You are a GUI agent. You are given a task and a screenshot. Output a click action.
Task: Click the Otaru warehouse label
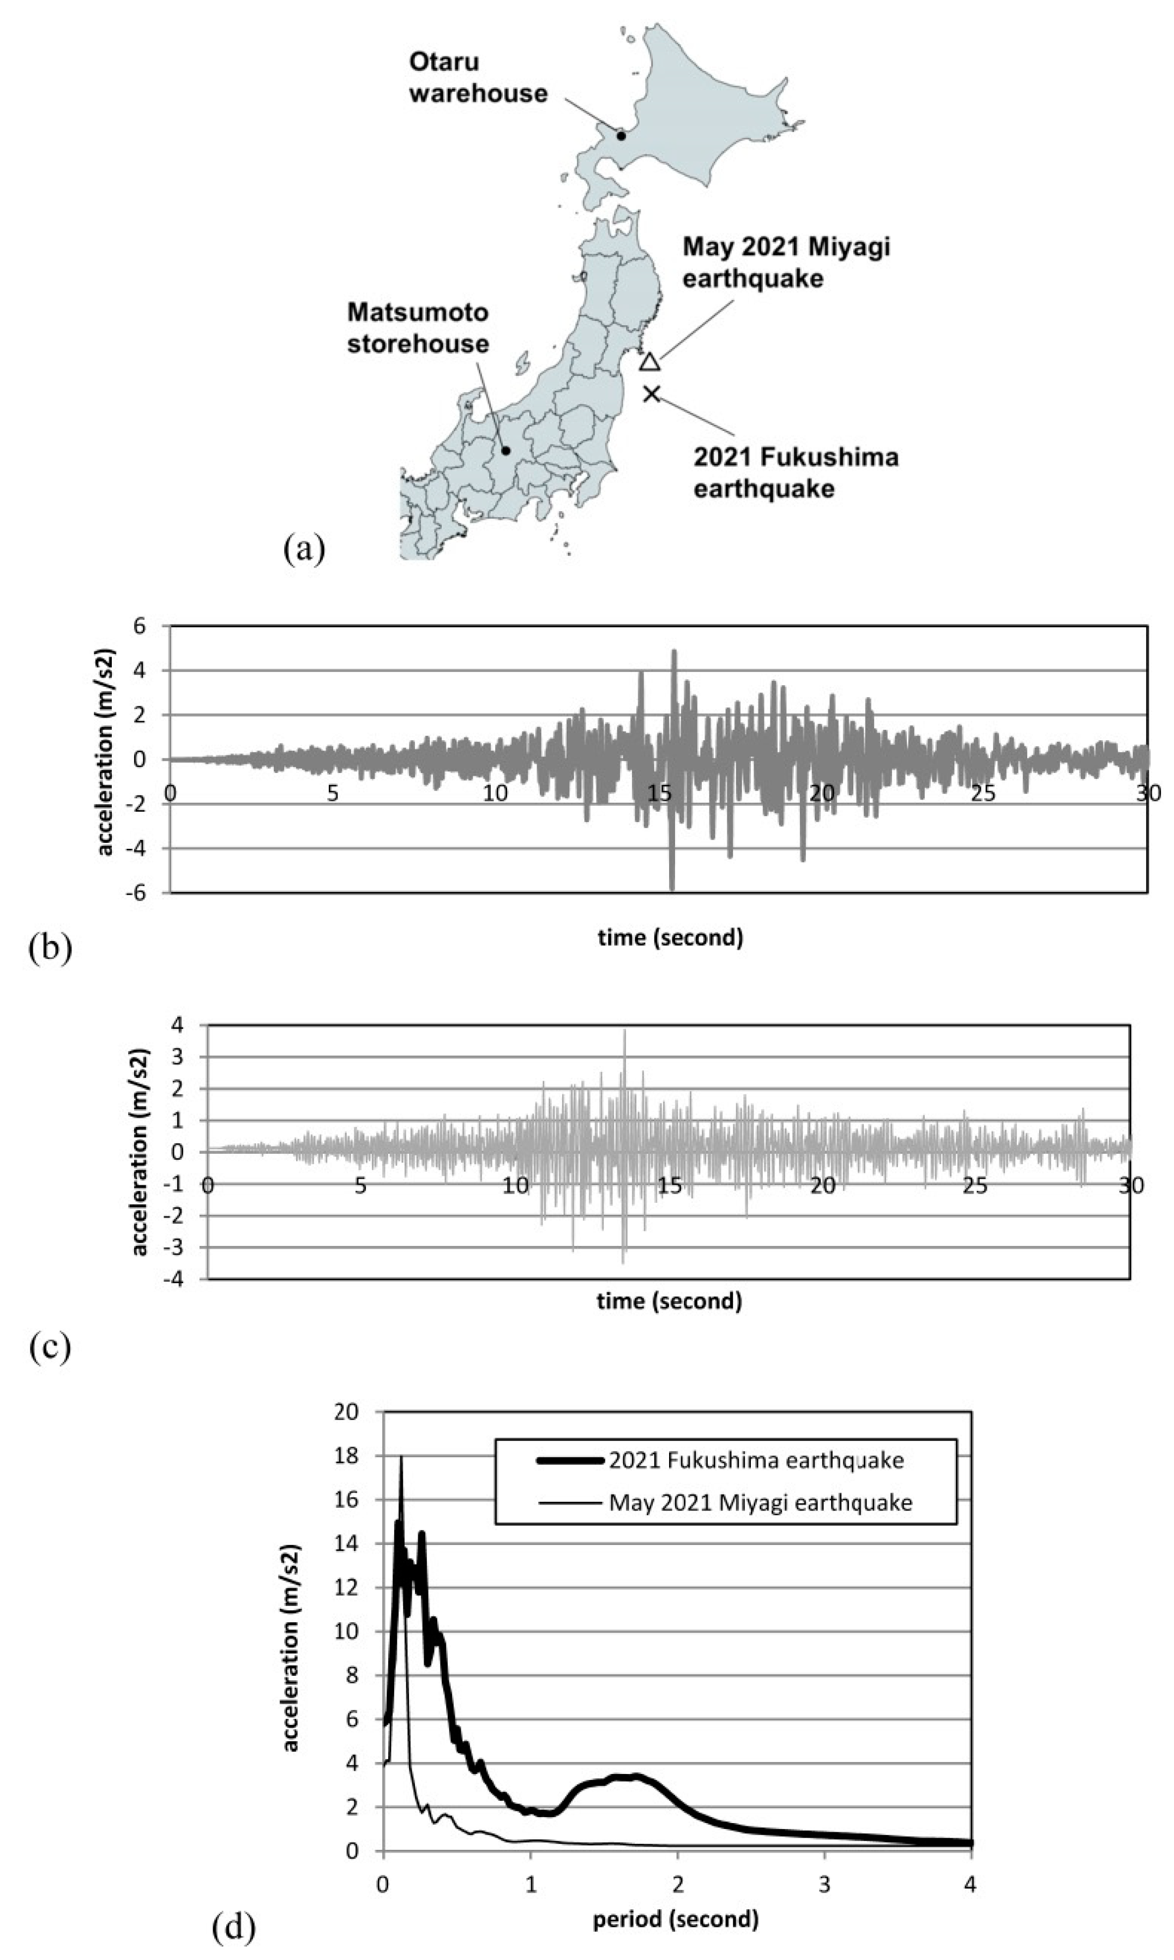[x=478, y=77]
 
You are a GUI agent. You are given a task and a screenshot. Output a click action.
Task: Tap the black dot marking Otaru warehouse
[x=621, y=136]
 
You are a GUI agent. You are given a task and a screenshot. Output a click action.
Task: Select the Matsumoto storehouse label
[x=418, y=328]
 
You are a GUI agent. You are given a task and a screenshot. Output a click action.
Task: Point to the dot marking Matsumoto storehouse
[x=505, y=451]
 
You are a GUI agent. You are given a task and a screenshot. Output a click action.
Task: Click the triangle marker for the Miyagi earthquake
[x=649, y=362]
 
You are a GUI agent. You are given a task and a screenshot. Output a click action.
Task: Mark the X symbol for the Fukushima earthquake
[x=651, y=393]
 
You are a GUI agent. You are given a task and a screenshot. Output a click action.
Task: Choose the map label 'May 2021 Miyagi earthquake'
[x=786, y=262]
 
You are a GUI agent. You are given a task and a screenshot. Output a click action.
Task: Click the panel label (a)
[x=304, y=548]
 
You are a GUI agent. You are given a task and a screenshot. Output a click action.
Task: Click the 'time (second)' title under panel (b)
[x=670, y=938]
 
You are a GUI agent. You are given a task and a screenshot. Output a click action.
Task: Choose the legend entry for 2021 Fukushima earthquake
[x=756, y=1460]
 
